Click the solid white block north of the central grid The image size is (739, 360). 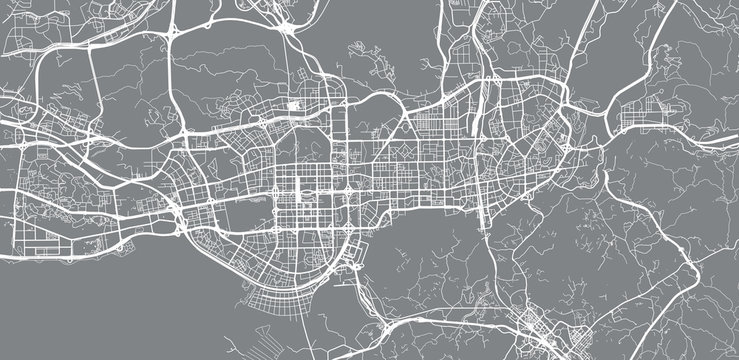pyautogui.click(x=295, y=104)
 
